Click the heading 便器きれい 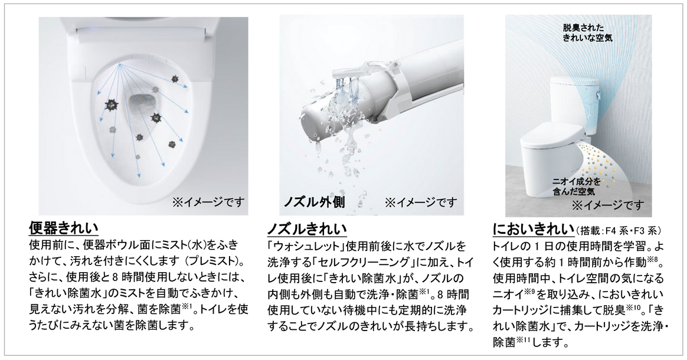click(64, 228)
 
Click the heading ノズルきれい click(307, 228)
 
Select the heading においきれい click(533, 229)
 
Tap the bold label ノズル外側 click(314, 201)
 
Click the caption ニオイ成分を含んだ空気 click(576, 186)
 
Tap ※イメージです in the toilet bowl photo click(208, 202)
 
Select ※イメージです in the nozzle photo click(421, 202)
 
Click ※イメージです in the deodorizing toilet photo click(608, 205)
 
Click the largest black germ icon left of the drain click(112, 105)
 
